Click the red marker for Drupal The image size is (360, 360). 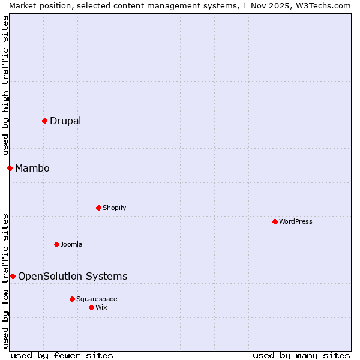pos(44,121)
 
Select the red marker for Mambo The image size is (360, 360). pos(10,168)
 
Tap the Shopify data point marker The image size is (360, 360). pos(98,208)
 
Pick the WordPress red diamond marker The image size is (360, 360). pos(275,221)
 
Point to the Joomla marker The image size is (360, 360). pos(56,244)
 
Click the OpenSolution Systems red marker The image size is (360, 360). pos(13,276)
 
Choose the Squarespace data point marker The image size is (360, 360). pos(72,299)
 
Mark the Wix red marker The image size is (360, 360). pos(91,307)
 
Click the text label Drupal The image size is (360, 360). pos(65,121)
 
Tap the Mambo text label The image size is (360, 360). pos(32,169)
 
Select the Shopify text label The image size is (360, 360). pos(114,208)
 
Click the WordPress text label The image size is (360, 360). pos(295,222)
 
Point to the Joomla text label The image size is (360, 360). pos(71,245)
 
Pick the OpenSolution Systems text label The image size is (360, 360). pos(73,277)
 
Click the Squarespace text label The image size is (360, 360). pos(97,299)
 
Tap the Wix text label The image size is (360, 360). pos(101,308)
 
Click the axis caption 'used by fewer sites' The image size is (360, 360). pos(62,356)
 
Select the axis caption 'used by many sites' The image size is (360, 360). pos(301,356)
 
